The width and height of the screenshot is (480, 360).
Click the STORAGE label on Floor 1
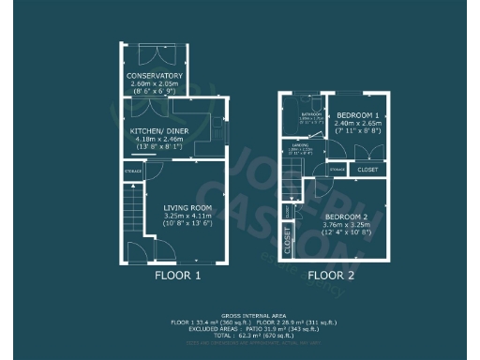pyautogui.click(x=133, y=171)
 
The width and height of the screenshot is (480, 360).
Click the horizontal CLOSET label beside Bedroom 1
pyautogui.click(x=367, y=170)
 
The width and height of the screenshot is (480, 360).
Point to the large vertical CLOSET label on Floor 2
pyautogui.click(x=288, y=241)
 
